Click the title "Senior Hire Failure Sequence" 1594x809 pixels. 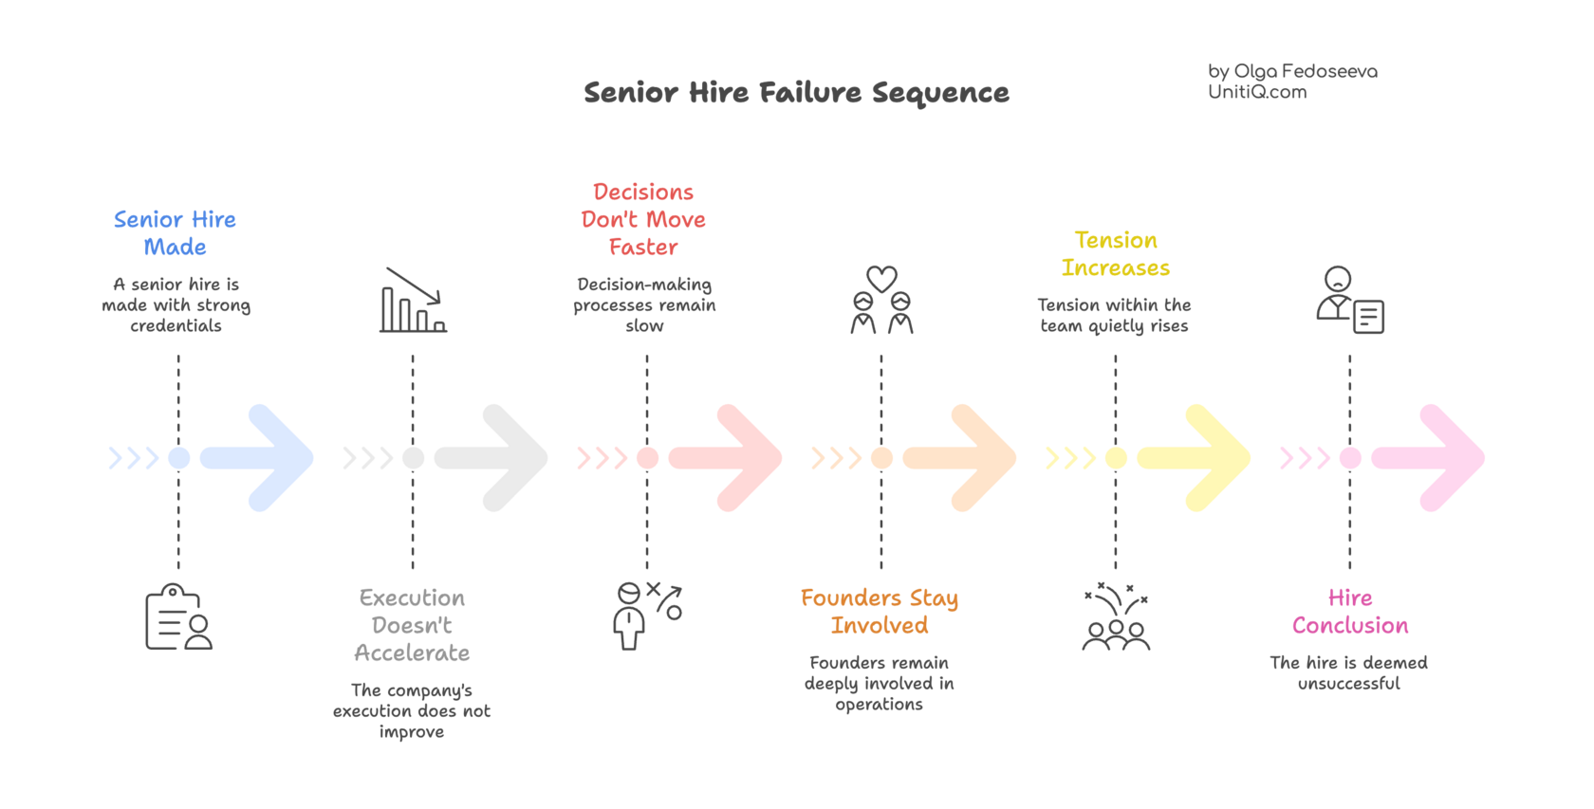point(796,93)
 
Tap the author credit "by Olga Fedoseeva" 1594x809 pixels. point(1292,71)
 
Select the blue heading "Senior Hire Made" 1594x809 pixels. point(175,233)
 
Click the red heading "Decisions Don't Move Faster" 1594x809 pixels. point(643,220)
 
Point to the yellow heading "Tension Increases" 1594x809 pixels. point(1116,254)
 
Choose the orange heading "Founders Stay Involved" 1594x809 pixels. point(880,612)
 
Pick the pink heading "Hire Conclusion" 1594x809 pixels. point(1350,612)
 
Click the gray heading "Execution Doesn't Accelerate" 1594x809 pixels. point(412,626)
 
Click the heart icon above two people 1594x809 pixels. point(881,278)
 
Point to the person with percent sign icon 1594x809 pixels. point(647,615)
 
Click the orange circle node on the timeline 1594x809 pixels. point(881,458)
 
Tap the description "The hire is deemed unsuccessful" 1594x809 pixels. point(1348,672)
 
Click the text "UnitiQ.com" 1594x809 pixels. point(1257,92)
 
